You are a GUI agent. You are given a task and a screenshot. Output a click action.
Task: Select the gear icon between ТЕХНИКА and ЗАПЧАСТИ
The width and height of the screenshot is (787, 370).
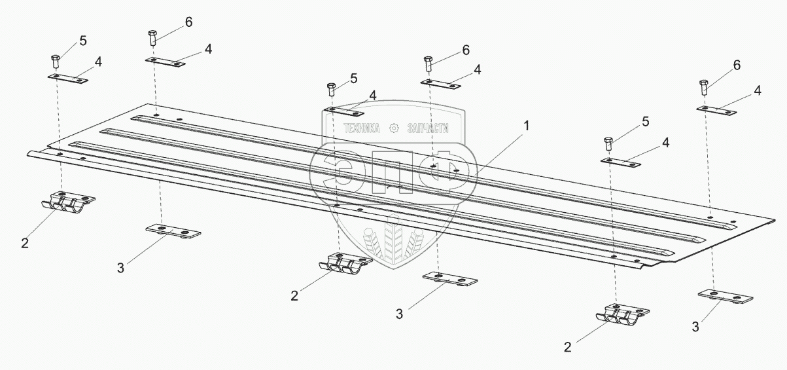click(x=394, y=128)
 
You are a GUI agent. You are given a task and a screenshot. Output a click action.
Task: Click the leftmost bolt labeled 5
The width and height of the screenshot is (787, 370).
click(x=56, y=62)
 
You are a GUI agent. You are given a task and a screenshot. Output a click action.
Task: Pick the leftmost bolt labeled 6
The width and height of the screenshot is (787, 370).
click(x=152, y=37)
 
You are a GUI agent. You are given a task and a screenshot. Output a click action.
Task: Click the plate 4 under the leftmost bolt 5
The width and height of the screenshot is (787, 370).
click(x=68, y=79)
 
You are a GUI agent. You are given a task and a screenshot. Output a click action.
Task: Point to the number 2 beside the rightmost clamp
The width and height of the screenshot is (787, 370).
click(x=568, y=345)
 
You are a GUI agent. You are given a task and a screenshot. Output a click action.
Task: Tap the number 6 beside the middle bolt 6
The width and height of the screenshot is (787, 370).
click(x=466, y=50)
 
